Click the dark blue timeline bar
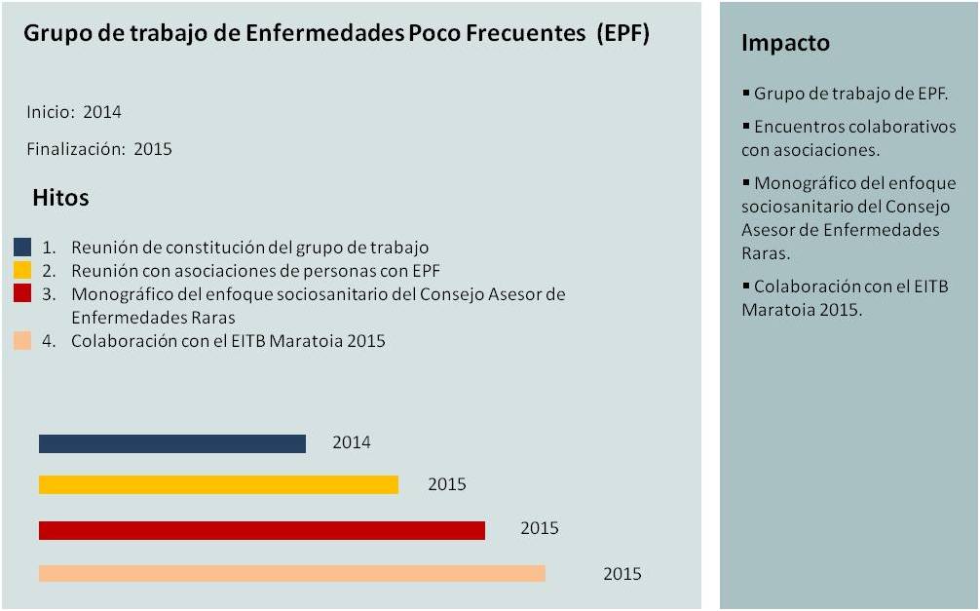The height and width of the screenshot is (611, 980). tap(172, 443)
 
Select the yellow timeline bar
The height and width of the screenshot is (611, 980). tap(218, 484)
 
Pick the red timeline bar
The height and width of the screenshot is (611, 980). tap(261, 530)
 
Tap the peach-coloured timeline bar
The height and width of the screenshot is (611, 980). tap(291, 573)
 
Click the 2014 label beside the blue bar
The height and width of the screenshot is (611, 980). tap(351, 442)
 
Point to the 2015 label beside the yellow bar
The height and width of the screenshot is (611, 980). tap(447, 484)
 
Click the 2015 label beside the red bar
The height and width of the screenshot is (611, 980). tap(540, 528)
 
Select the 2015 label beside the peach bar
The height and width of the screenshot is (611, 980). tap(622, 574)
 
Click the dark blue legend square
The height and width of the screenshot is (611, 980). tap(22, 248)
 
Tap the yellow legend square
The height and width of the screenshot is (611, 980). tap(22, 270)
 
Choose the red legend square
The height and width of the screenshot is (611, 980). tap(22, 293)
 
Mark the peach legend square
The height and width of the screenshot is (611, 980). tap(22, 341)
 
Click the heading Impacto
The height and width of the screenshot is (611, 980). tap(785, 43)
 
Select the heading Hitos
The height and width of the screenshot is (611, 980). tap(60, 198)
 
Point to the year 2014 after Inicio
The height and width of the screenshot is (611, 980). tap(102, 112)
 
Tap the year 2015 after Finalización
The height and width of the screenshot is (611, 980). tap(153, 149)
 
